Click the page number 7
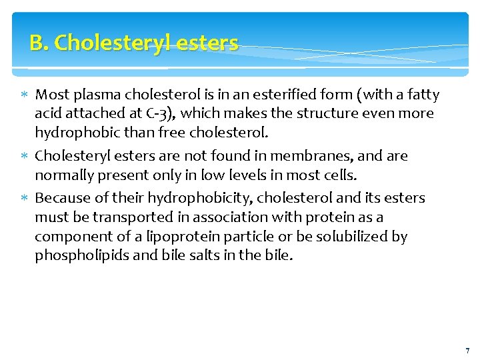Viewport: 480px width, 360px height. click(467, 351)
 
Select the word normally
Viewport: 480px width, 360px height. click(64, 175)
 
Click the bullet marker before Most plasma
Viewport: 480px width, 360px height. click(25, 95)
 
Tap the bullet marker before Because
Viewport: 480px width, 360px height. click(25, 198)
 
